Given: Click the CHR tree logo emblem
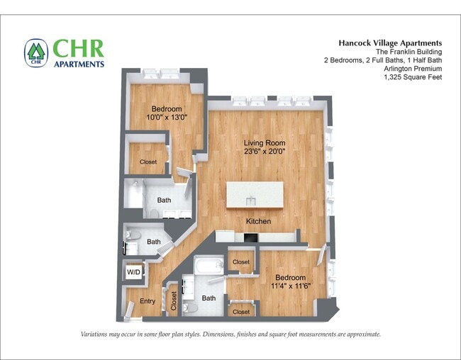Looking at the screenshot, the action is (36, 53).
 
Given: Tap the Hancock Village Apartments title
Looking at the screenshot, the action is (390, 43).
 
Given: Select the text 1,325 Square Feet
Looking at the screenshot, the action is (413, 77).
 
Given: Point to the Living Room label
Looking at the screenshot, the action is (265, 143).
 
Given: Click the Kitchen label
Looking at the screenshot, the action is (258, 221).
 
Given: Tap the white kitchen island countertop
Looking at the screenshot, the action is (255, 195).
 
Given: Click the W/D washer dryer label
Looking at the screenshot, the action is (133, 272).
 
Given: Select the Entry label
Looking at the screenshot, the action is (148, 301).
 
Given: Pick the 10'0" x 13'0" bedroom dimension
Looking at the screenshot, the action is (167, 117).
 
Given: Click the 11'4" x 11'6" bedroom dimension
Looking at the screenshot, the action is (290, 286).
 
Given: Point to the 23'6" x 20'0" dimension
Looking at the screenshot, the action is (265, 152).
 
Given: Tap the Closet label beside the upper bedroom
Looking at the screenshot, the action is (148, 162).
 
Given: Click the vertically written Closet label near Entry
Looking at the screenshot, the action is (174, 300).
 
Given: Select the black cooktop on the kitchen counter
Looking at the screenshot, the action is (250, 237).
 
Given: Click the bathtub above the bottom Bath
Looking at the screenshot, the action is (209, 265).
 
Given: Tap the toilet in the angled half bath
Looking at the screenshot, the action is (133, 235).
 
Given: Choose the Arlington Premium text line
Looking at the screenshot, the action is (413, 69).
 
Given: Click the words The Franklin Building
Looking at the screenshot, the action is (409, 52).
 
